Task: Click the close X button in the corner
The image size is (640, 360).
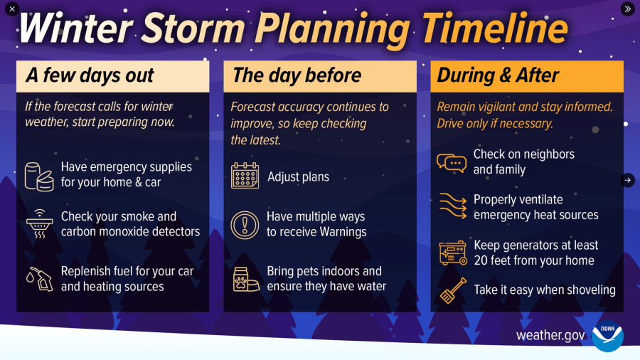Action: tap(12, 9)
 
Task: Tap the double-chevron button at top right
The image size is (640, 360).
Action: tap(627, 9)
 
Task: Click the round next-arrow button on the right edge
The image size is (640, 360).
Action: tap(627, 180)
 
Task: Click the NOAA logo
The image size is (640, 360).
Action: tap(607, 336)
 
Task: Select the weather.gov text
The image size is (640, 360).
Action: tap(550, 335)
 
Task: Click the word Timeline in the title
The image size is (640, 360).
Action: tap(494, 30)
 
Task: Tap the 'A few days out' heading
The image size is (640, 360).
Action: tap(90, 75)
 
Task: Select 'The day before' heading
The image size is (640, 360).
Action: tap(297, 75)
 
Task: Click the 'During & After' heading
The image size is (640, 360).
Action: tap(498, 75)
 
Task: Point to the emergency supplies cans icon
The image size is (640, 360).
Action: tap(39, 176)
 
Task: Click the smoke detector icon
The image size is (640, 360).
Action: tap(39, 224)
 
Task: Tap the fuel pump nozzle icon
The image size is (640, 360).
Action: tap(39, 278)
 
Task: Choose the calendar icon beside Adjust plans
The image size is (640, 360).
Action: tap(245, 176)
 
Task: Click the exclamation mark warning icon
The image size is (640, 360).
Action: tap(245, 225)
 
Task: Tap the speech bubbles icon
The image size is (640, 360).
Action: tap(451, 163)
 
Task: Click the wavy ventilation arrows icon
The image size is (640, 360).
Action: tap(452, 206)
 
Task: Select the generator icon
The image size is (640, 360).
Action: tap(452, 253)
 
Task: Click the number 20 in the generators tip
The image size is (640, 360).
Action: tap(481, 260)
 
